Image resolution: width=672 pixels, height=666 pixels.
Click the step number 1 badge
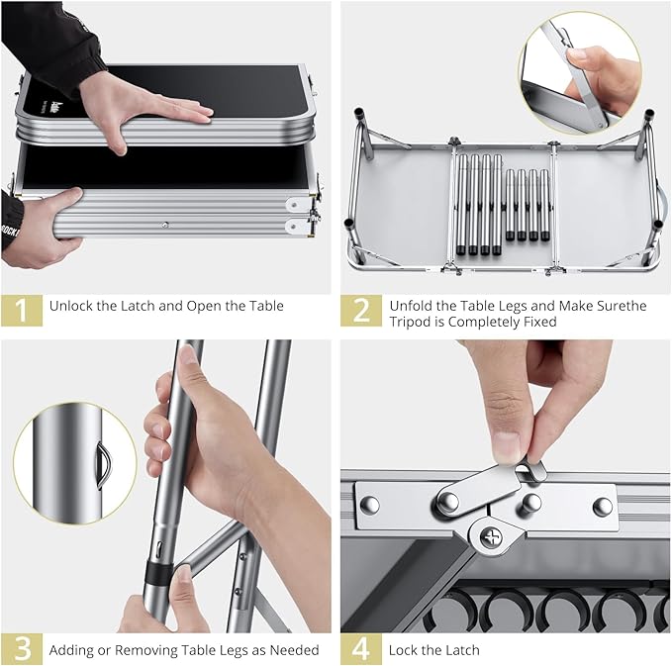(x=22, y=311)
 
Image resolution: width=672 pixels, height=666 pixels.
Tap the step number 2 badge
(x=361, y=311)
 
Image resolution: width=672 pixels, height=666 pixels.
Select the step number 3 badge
(x=22, y=649)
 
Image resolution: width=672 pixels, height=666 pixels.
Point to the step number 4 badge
(x=361, y=649)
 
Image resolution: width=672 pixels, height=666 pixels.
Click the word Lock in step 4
(x=403, y=650)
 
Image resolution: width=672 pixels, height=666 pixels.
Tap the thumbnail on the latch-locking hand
(x=507, y=446)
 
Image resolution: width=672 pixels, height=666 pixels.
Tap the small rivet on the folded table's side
(x=165, y=225)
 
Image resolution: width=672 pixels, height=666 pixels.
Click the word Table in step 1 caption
(x=267, y=306)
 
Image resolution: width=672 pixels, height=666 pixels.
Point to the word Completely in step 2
(x=485, y=322)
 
